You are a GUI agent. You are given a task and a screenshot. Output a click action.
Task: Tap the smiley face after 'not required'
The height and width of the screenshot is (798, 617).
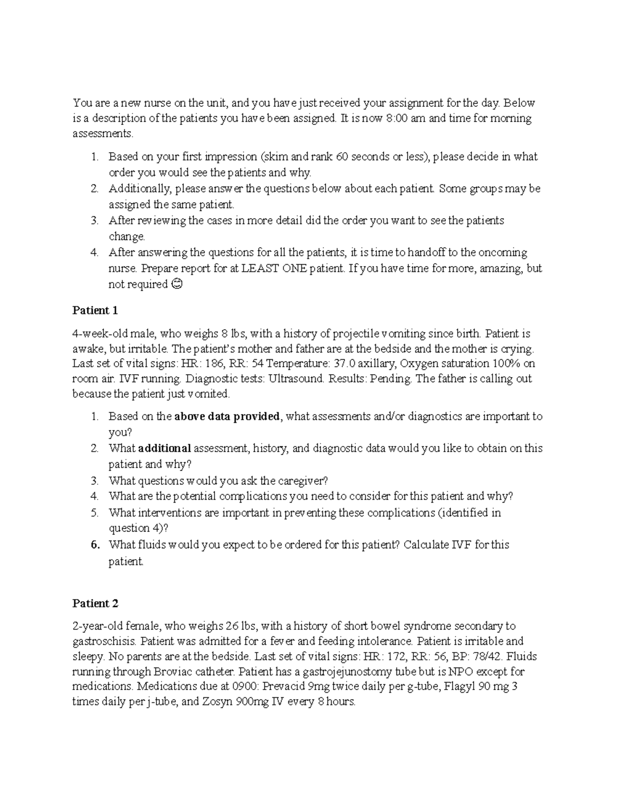click(x=176, y=284)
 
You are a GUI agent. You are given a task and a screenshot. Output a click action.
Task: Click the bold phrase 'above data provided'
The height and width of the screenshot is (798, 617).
click(x=228, y=416)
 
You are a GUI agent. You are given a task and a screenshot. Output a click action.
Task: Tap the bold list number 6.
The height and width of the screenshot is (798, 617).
click(x=95, y=545)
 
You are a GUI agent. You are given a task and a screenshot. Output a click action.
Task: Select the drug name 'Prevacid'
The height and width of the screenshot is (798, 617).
click(x=282, y=686)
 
